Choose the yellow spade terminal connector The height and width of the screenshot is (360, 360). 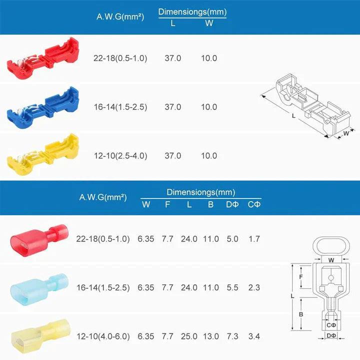coord(38,335)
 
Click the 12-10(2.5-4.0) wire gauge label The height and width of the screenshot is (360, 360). coord(120,155)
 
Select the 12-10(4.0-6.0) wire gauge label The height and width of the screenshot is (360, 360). coord(103,336)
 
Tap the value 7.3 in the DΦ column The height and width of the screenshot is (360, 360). coord(231,336)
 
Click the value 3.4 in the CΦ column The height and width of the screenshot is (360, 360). coord(254,336)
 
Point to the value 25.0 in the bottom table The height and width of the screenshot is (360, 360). coord(189,336)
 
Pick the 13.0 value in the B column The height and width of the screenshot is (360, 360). coord(210,336)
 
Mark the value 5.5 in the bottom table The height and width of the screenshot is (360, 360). coord(231,287)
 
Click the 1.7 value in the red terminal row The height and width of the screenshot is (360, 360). coord(254,239)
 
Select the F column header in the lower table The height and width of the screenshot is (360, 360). coord(167,204)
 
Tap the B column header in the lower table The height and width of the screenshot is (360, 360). coord(210,204)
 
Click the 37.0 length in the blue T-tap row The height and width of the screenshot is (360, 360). coord(173,107)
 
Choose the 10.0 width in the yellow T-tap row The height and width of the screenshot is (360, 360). coord(209,155)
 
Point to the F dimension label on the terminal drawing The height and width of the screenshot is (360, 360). coord(300,276)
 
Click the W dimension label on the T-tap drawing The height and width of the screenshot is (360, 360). coord(345,133)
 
